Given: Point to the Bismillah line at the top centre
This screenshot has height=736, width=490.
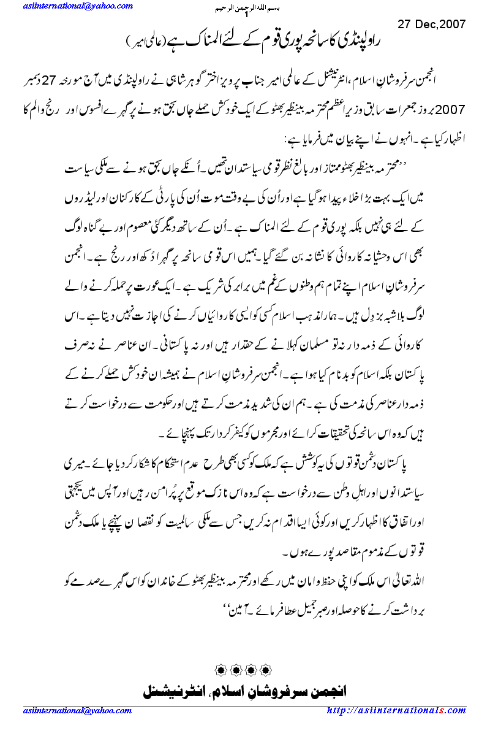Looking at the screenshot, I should click(x=246, y=9).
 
